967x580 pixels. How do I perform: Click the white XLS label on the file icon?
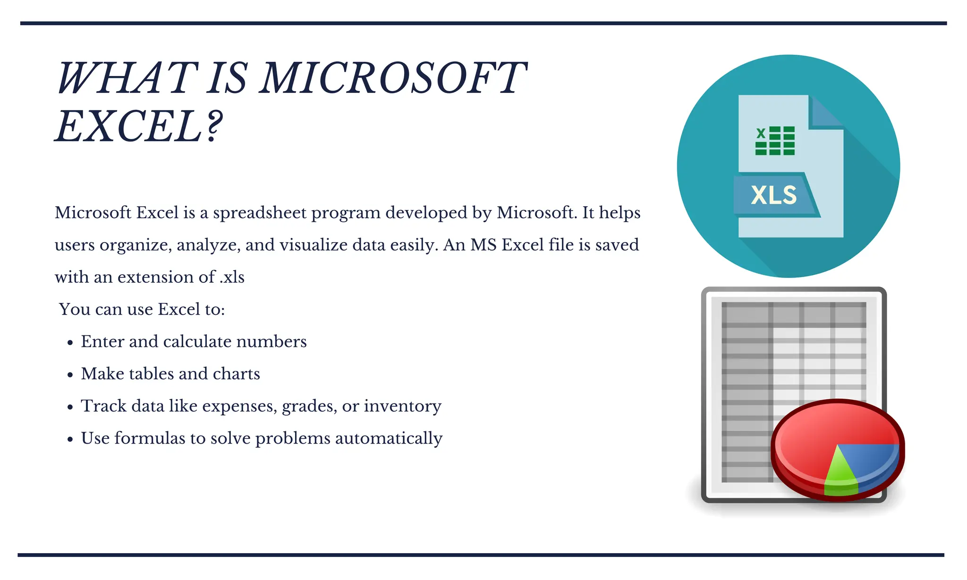coord(773,195)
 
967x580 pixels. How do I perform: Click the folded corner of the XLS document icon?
coord(824,112)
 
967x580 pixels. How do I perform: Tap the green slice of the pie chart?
coord(840,472)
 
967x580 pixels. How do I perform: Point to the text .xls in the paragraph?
coord(232,277)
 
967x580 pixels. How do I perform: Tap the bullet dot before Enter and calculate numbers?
coord(70,343)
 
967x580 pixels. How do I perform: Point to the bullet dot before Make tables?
coord(70,375)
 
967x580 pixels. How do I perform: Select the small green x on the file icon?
coord(760,133)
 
